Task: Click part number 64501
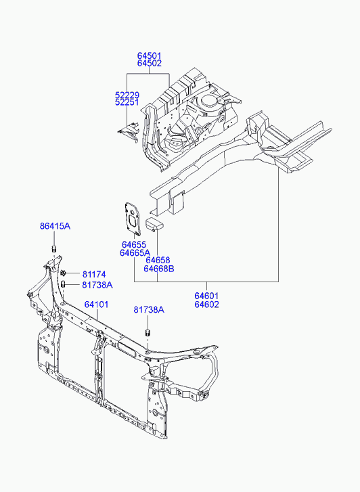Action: point(149,56)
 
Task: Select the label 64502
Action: point(150,64)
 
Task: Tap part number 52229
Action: point(127,95)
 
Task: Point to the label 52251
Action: point(127,102)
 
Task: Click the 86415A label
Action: point(55,226)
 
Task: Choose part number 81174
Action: point(94,274)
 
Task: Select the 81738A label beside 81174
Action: point(97,285)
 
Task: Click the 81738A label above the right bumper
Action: point(149,310)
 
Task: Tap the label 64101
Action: point(96,305)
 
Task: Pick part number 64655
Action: point(134,244)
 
